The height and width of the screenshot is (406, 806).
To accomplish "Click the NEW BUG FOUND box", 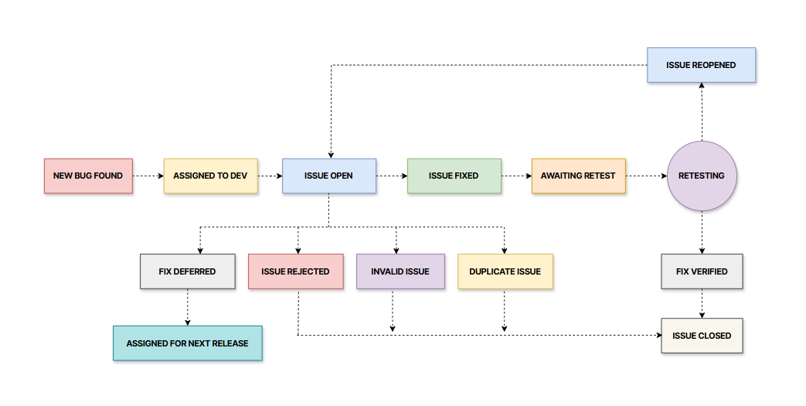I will click(88, 176).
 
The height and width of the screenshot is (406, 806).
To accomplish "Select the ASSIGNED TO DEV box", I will click(210, 176).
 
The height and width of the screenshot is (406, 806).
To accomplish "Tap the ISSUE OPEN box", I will click(328, 176).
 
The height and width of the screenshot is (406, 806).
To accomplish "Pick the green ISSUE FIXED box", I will click(454, 176).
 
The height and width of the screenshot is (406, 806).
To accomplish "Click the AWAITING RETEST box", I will click(578, 176).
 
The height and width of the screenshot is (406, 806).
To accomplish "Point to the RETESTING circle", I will click(702, 176).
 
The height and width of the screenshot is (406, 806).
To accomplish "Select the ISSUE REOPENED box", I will click(701, 66).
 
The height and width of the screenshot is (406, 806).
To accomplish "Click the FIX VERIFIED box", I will click(702, 271).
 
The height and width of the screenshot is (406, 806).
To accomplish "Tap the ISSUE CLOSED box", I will click(702, 336).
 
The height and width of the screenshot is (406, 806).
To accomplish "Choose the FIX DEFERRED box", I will click(187, 271).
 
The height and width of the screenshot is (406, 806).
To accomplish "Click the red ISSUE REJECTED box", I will click(295, 271).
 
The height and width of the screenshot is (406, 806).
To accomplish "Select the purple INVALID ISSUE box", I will click(400, 271).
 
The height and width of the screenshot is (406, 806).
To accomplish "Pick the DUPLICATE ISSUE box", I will click(505, 271).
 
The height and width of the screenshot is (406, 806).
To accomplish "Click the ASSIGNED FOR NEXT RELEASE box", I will click(188, 343).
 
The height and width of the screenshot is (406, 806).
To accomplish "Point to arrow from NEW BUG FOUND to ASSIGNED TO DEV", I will click(148, 176).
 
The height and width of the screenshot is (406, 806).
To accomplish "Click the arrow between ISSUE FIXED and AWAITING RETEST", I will click(516, 176).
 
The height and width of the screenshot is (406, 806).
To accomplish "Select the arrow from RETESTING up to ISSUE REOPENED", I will click(702, 112).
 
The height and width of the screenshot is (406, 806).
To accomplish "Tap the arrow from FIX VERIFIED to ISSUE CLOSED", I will click(702, 304).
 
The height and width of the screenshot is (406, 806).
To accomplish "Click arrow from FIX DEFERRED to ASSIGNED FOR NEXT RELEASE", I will click(188, 307).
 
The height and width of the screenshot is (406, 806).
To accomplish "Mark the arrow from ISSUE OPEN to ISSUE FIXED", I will click(391, 176).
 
